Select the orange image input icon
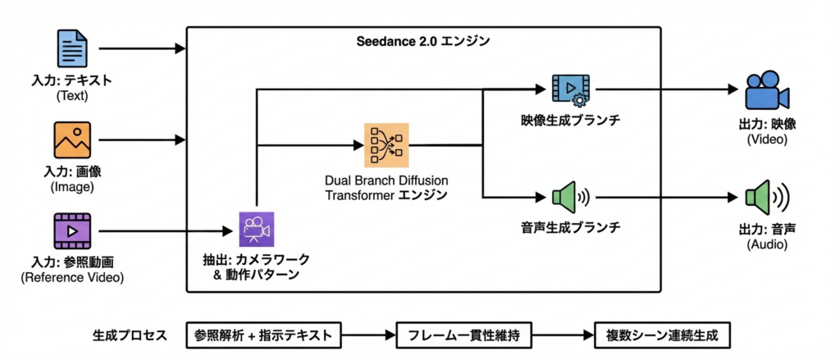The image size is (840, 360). pyautogui.click(x=72, y=139)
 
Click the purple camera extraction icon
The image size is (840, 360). pyautogui.click(x=257, y=229)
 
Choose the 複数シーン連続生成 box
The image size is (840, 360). pyautogui.click(x=661, y=335)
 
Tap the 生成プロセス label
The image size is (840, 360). pyautogui.click(x=130, y=335)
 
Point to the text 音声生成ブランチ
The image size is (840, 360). pyautogui.click(x=569, y=226)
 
